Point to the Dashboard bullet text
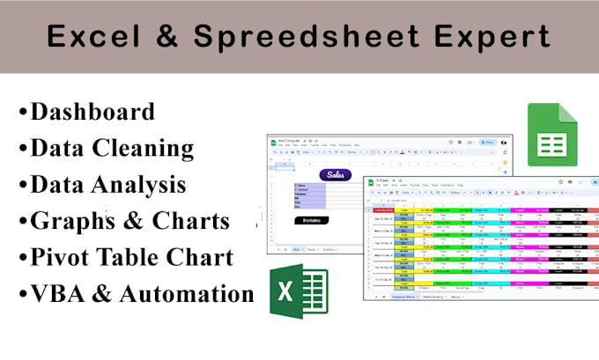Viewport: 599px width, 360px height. click(92, 111)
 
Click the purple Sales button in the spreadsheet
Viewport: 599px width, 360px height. click(336, 175)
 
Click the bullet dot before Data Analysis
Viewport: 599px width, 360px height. click(21, 186)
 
